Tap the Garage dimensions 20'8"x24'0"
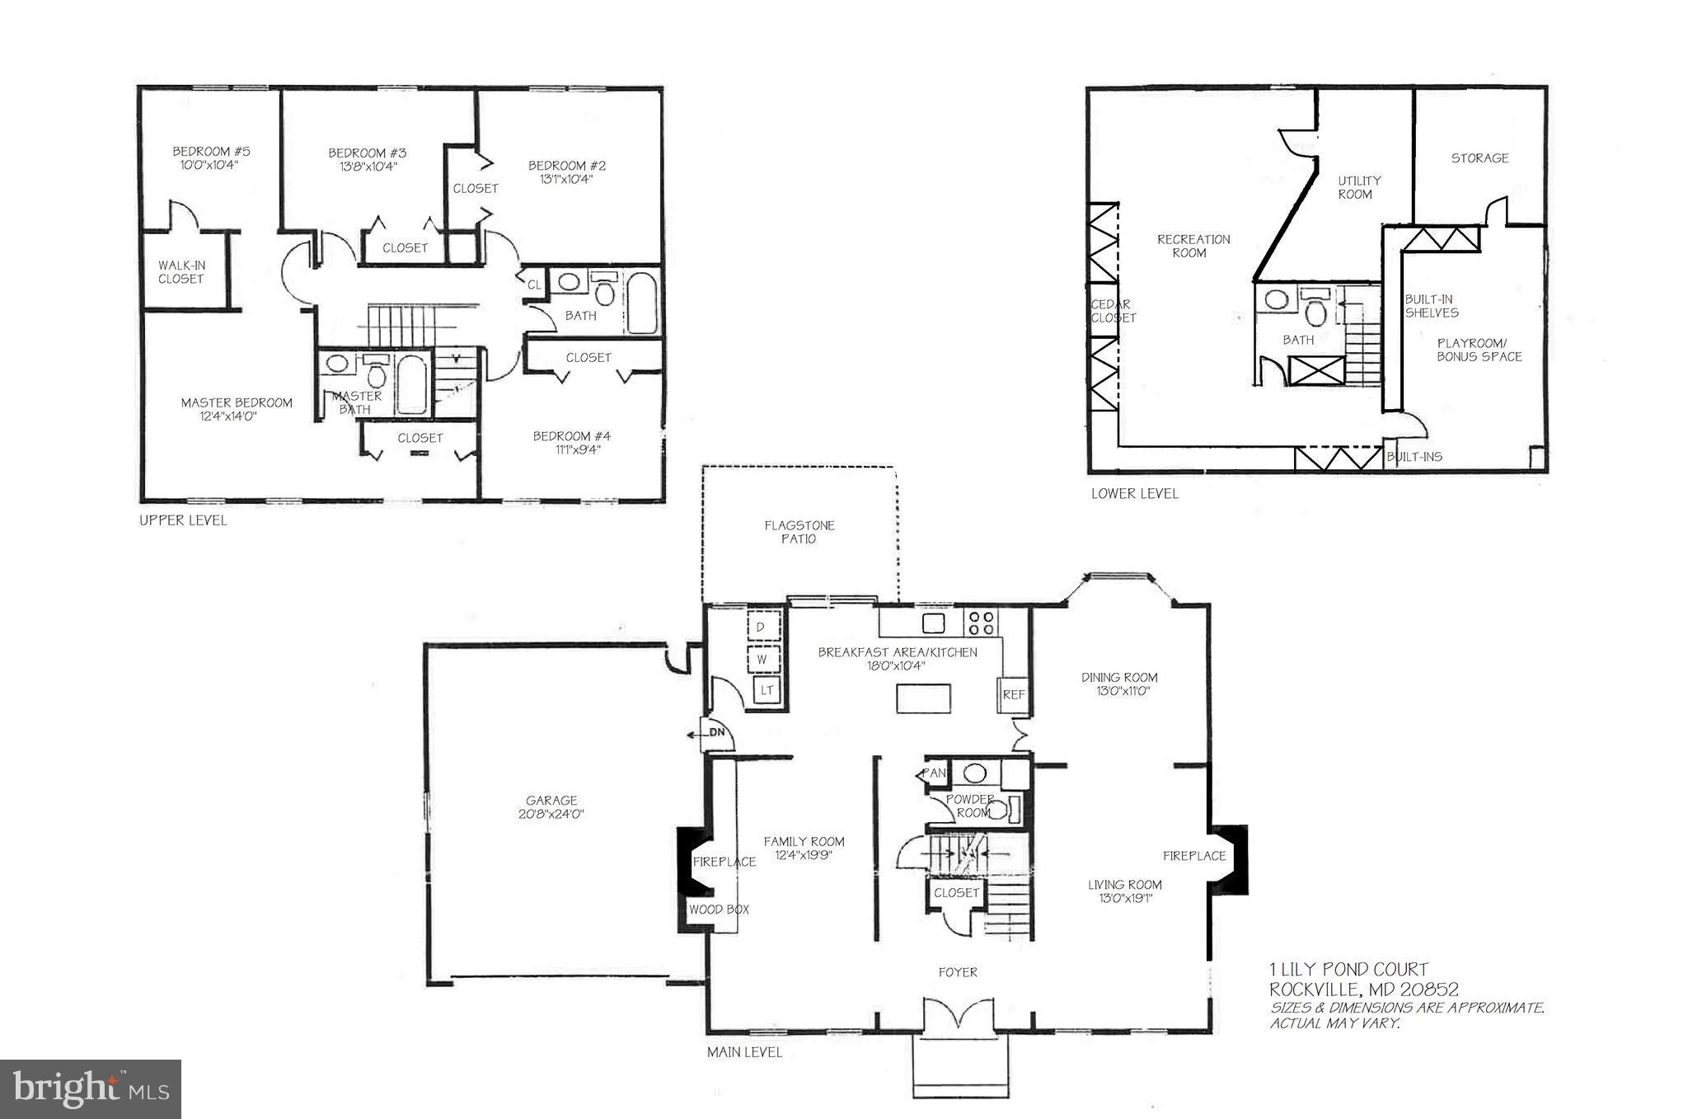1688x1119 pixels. point(551,814)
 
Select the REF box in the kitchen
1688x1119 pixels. point(1013,694)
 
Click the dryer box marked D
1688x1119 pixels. point(760,628)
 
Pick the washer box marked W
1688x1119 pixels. point(762,660)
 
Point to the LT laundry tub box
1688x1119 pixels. point(767,690)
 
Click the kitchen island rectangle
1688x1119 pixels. point(923,700)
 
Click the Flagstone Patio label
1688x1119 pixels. point(799,532)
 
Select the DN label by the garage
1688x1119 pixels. point(716,732)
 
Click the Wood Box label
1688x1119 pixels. point(719,910)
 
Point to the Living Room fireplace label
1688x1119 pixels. point(1194,856)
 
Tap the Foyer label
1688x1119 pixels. point(958,972)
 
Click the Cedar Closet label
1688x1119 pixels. point(1113,311)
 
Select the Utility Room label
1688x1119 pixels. point(1358,187)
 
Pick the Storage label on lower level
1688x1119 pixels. point(1479,158)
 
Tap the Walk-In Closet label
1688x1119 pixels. point(181,272)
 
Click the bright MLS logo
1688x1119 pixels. point(91,1088)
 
